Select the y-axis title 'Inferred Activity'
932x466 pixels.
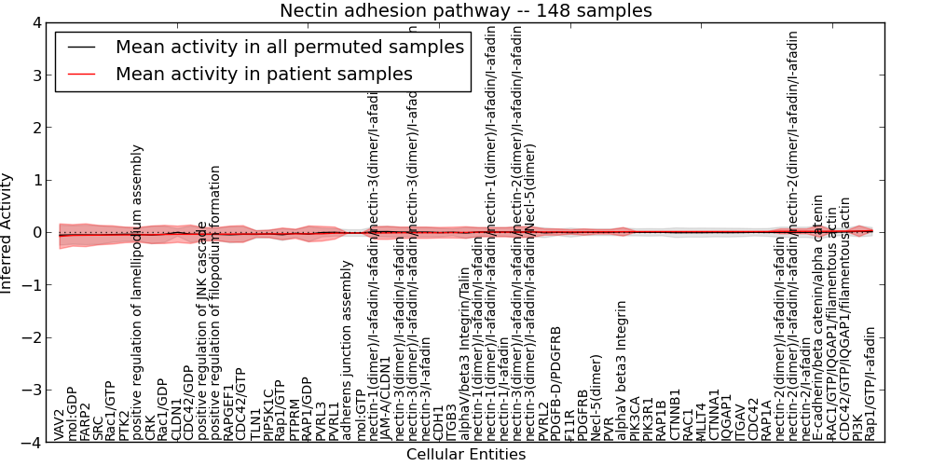pyautogui.click(x=7, y=232)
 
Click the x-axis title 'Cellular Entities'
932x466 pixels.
pyautogui.click(x=466, y=455)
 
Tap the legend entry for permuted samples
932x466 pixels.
pyautogui.click(x=289, y=48)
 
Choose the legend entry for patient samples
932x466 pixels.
pyautogui.click(x=264, y=74)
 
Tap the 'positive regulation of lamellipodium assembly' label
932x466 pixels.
pyautogui.click(x=138, y=292)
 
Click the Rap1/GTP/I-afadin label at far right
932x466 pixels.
pyautogui.click(x=870, y=383)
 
